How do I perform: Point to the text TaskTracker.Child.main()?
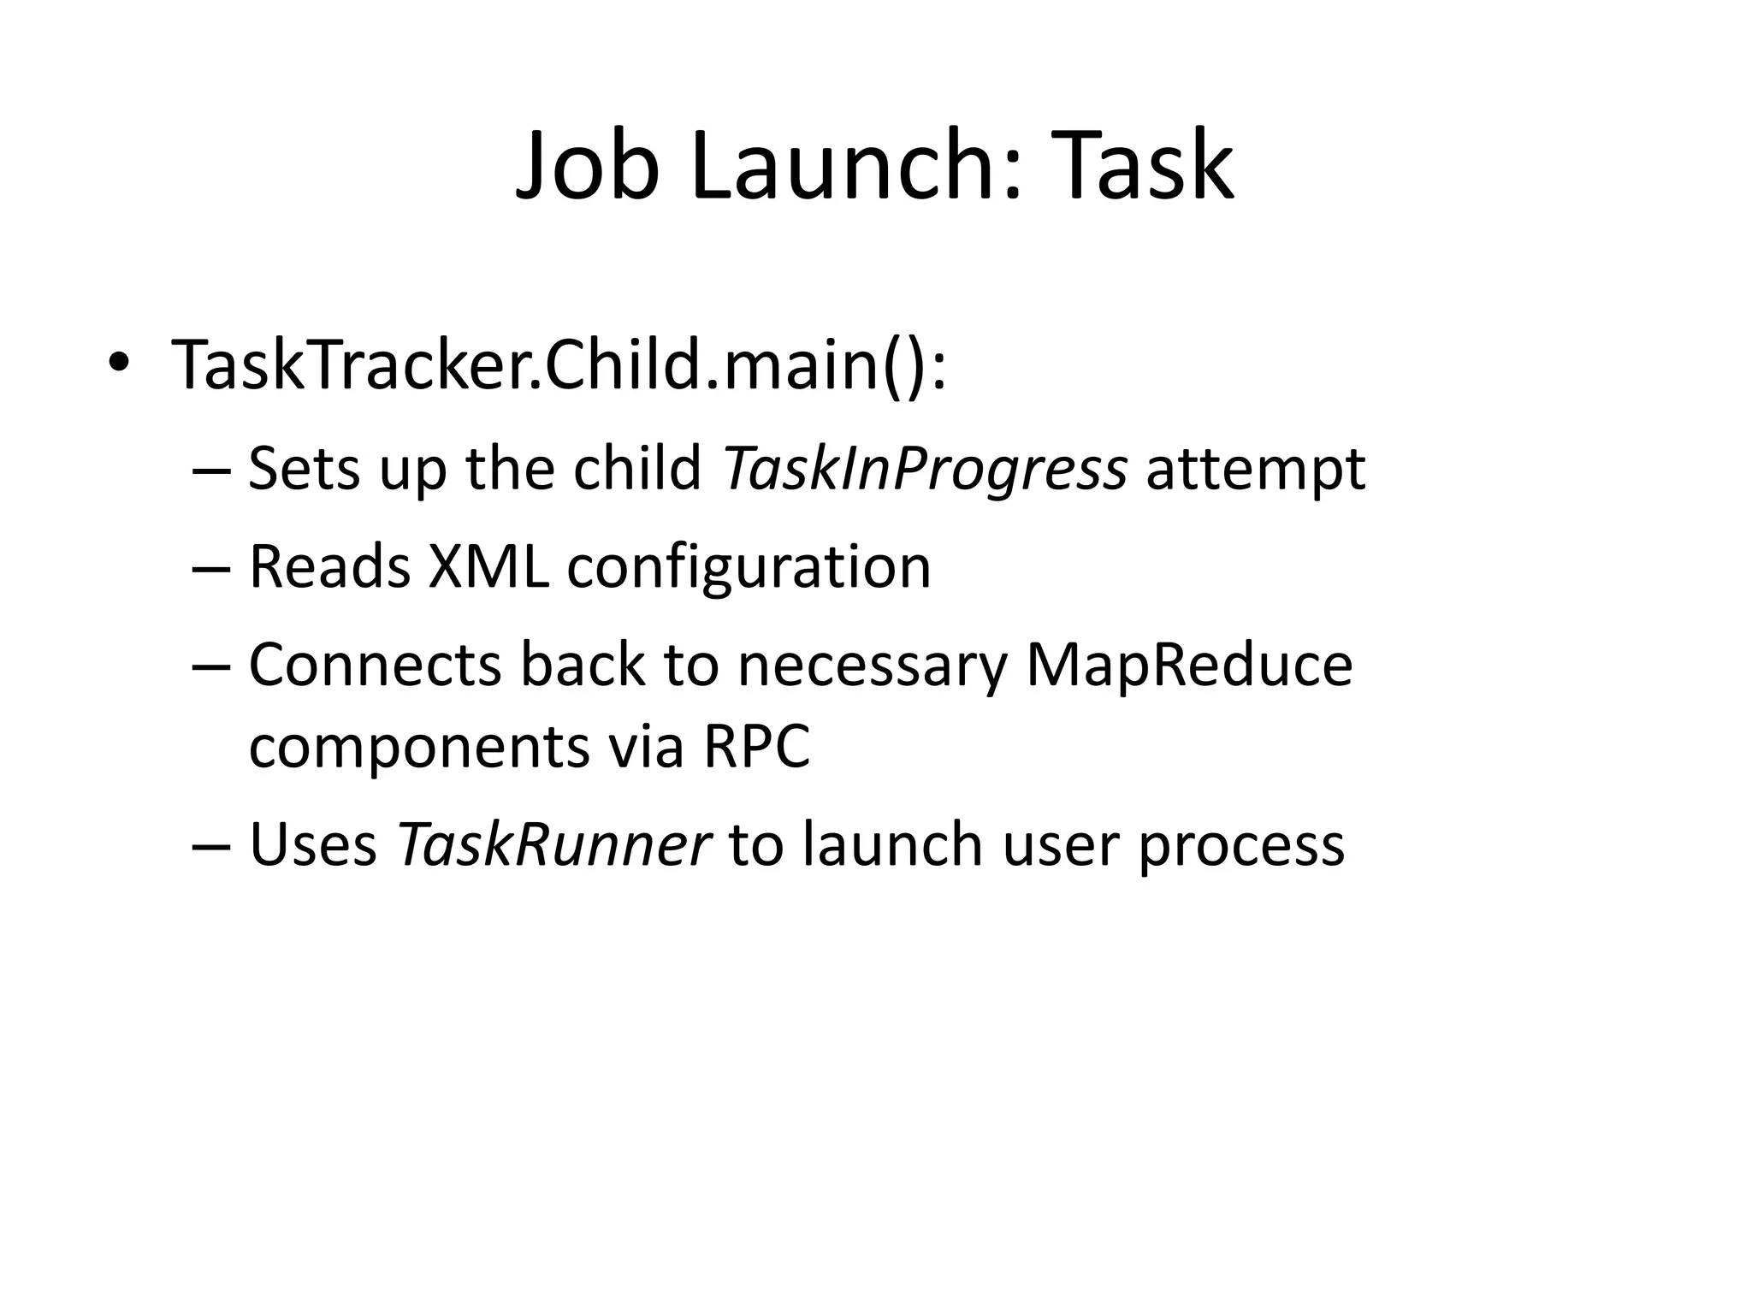(559, 365)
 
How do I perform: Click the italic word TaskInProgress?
(925, 470)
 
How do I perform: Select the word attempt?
(1255, 470)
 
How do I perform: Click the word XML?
(488, 566)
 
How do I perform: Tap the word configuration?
(749, 568)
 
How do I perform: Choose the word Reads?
(330, 566)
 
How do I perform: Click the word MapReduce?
(1189, 666)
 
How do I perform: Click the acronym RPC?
(756, 747)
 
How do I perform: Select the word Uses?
(313, 845)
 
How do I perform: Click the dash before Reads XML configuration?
(212, 568)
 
